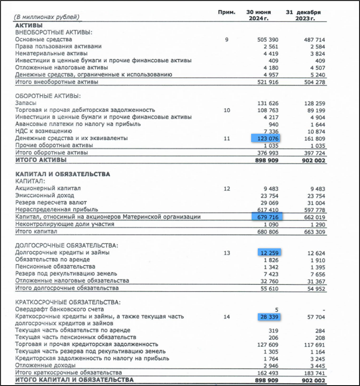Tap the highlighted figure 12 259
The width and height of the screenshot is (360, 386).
coord(269,253)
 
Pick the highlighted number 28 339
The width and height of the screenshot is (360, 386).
coord(269,316)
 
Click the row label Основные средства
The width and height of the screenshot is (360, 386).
coord(43,39)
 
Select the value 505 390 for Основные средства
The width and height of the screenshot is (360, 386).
coord(268,39)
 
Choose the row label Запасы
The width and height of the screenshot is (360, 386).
coord(25,103)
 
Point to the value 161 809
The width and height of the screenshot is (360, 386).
coord(314,138)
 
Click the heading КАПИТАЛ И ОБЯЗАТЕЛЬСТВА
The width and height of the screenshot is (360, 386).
coord(62,174)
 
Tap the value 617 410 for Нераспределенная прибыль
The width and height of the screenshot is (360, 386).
coord(268,210)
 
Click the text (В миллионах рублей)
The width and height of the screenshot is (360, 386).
coord(47,17)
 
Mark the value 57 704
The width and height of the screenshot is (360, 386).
coord(315,316)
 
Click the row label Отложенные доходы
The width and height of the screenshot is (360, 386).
coord(45,365)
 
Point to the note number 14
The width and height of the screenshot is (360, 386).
coord(227,316)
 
